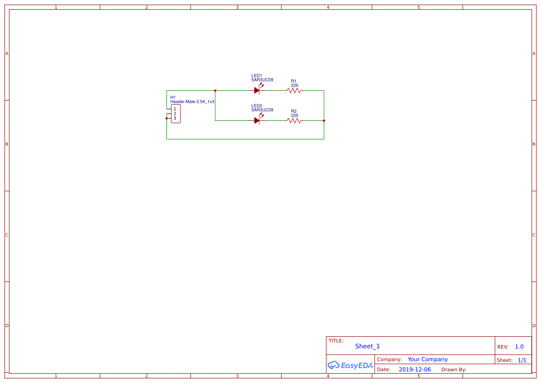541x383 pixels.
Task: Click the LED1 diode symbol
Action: pyautogui.click(x=257, y=90)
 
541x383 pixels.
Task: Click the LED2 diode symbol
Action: pyautogui.click(x=257, y=120)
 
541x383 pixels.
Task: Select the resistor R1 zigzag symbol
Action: pyautogui.click(x=294, y=91)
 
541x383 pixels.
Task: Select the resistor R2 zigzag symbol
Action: pyautogui.click(x=294, y=120)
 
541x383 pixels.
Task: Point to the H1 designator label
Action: pyautogui.click(x=173, y=97)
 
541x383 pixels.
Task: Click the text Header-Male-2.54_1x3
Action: pyautogui.click(x=192, y=101)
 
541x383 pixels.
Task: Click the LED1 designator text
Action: pyautogui.click(x=257, y=75)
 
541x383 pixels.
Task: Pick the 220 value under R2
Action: pyautogui.click(x=294, y=115)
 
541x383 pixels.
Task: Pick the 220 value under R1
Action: pyautogui.click(x=294, y=85)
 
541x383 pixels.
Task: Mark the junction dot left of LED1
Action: pyautogui.click(x=215, y=90)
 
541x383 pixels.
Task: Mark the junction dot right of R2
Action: pyautogui.click(x=324, y=120)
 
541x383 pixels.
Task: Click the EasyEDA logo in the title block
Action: pyautogui.click(x=350, y=365)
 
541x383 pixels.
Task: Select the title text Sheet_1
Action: pyautogui.click(x=367, y=346)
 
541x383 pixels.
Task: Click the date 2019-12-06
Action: pyautogui.click(x=415, y=370)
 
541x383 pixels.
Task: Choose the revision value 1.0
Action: pyautogui.click(x=519, y=346)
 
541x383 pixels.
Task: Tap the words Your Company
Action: pyautogui.click(x=428, y=359)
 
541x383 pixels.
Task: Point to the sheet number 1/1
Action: pyautogui.click(x=522, y=360)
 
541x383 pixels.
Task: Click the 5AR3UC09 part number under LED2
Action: pyautogui.click(x=262, y=110)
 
